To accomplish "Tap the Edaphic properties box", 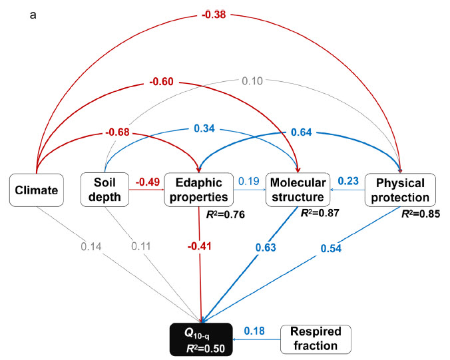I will click(x=197, y=190).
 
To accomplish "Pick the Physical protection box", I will click(x=400, y=190).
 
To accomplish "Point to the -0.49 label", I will click(x=148, y=182).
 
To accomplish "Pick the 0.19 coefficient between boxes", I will click(x=248, y=181).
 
